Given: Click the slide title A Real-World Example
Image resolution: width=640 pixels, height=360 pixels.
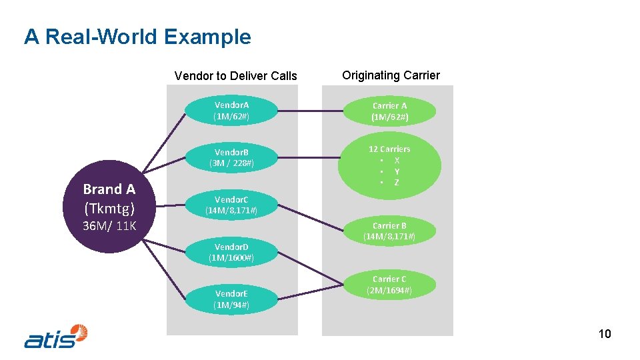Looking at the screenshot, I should [137, 37].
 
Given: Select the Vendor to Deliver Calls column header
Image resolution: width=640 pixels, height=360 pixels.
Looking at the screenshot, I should [235, 76].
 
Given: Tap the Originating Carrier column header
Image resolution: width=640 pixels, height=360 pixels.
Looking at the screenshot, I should [391, 75].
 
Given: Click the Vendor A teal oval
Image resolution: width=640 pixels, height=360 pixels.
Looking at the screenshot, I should [231, 111].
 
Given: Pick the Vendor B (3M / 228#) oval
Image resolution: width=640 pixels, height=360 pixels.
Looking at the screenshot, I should [231, 157].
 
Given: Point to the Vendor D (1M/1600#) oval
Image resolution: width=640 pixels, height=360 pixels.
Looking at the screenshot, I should [231, 252].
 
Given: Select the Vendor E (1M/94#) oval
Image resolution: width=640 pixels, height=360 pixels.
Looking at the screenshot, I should [231, 299].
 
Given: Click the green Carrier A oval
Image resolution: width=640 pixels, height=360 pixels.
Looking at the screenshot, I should [389, 111].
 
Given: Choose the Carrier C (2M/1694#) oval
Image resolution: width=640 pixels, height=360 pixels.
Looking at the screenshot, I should [389, 285].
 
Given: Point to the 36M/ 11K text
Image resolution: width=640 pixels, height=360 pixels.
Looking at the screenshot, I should [109, 226].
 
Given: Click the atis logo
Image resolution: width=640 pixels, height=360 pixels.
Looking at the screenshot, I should [56, 336].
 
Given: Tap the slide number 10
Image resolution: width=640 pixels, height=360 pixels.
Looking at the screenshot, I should [604, 334].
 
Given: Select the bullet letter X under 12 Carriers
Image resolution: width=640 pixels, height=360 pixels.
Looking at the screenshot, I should [397, 160].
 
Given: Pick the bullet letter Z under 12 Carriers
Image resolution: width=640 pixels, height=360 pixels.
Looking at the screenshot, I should [397, 183].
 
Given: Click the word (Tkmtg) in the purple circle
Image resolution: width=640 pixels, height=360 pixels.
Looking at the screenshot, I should [109, 208].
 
